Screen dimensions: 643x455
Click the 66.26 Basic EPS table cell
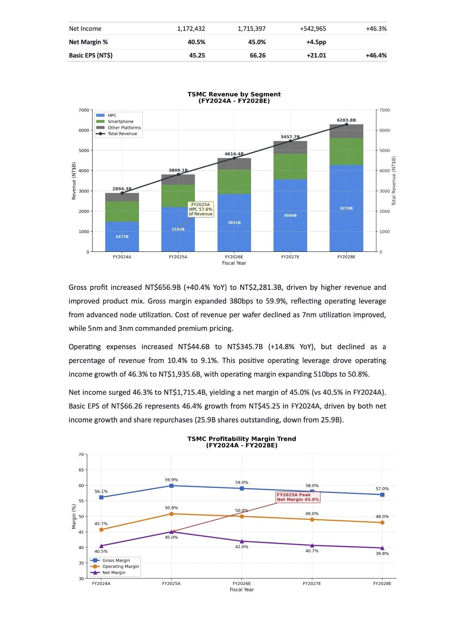pyautogui.click(x=257, y=55)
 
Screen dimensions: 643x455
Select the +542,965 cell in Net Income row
pyautogui.click(x=313, y=29)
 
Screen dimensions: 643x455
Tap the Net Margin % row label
pyautogui.click(x=88, y=42)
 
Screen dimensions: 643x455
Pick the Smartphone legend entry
pyautogui.click(x=120, y=121)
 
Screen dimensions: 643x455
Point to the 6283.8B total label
pyautogui.click(x=346, y=120)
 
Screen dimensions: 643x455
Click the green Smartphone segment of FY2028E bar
pyautogui.click(x=346, y=151)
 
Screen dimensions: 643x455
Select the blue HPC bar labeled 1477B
pyautogui.click(x=122, y=237)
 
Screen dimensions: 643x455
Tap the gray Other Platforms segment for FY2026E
pyautogui.click(x=234, y=164)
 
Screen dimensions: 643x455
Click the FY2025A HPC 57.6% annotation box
pyautogui.click(x=200, y=209)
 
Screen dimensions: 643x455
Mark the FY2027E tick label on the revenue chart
pyautogui.click(x=290, y=257)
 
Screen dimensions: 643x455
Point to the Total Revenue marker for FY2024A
pyautogui.click(x=122, y=193)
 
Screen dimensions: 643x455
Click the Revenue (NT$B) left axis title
pyautogui.click(x=74, y=181)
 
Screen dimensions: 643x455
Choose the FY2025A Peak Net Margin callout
pyautogui.click(x=298, y=497)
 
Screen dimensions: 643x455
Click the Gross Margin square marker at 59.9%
pyautogui.click(x=171, y=486)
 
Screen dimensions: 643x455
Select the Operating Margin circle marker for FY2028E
pyautogui.click(x=382, y=523)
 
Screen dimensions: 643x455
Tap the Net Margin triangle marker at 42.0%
pyautogui.click(x=242, y=541)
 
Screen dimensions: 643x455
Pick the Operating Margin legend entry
pyautogui.click(x=120, y=566)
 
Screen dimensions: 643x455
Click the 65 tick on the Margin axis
pyautogui.click(x=81, y=470)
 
